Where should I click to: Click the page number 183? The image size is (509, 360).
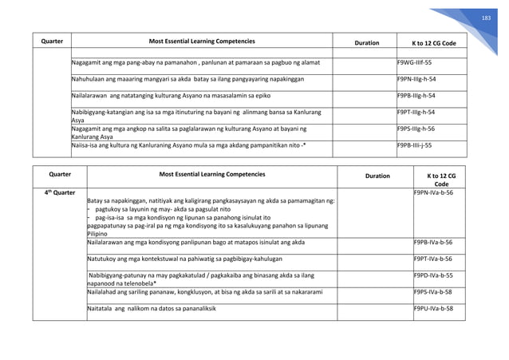(x=483, y=17)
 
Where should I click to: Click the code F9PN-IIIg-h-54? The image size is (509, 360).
(x=418, y=79)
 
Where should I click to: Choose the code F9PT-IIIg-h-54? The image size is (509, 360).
(x=418, y=113)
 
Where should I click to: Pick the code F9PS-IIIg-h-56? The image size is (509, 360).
(x=418, y=129)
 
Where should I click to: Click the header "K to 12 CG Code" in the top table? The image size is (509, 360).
(x=433, y=42)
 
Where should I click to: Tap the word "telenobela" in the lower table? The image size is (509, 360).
(x=136, y=283)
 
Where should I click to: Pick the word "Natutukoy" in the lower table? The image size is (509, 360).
(x=102, y=259)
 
